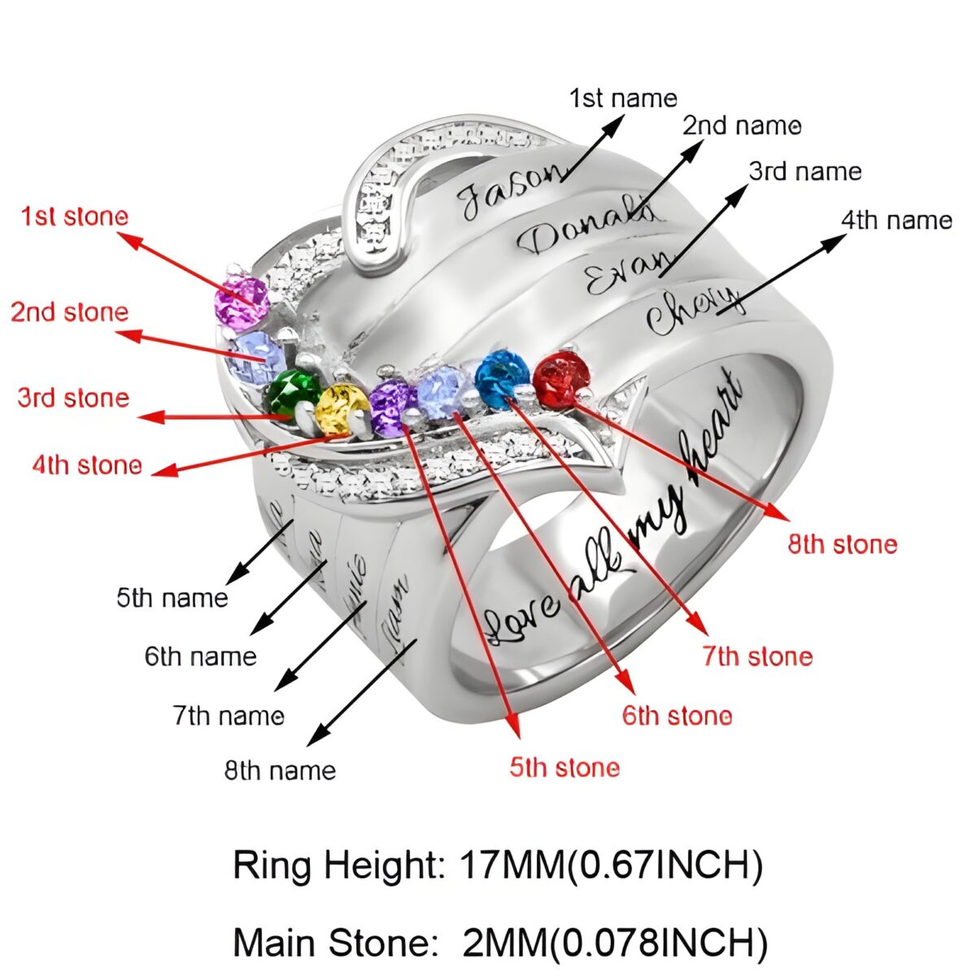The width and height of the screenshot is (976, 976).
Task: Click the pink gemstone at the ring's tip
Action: tap(241, 302)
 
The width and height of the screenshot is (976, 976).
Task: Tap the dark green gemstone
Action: tap(293, 391)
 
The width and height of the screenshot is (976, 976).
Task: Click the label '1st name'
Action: tap(623, 98)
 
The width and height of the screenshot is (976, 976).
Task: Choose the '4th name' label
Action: tap(896, 220)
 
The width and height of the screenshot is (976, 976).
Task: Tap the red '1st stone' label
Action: tap(75, 217)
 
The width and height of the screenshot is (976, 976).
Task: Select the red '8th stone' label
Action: tap(843, 544)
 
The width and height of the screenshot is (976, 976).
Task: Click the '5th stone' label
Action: tap(564, 767)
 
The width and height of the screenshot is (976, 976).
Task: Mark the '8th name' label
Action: tap(281, 770)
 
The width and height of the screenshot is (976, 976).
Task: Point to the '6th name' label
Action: tap(201, 656)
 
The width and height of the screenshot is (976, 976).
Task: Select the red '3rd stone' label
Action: tap(73, 398)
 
